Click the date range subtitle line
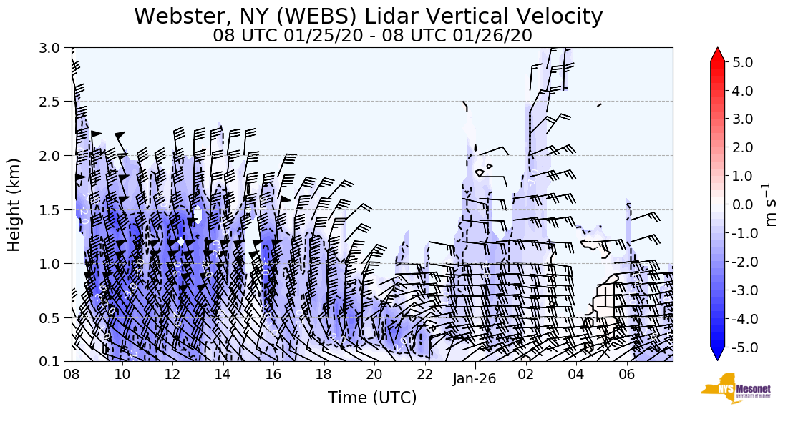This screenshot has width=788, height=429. coord(372,36)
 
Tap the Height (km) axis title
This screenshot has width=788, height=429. coord(14,204)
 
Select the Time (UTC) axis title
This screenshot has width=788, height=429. coord(372,398)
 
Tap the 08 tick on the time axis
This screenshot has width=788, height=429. coord(71,374)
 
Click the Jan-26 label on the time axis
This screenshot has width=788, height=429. coord(475,380)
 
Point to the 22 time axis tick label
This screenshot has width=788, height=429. coord(424,374)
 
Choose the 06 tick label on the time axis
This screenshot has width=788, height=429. coord(627,374)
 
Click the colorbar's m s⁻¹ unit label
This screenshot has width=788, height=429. coord(771,205)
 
